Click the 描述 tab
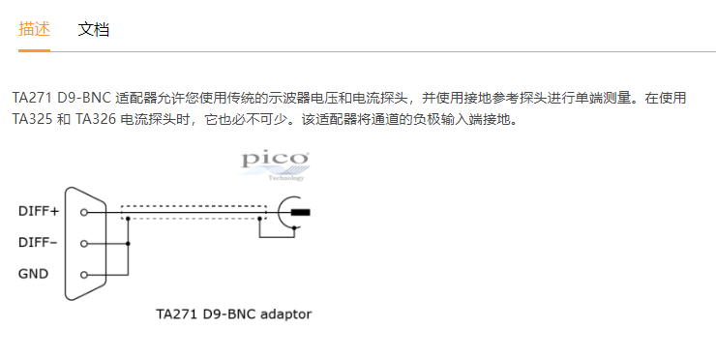pos(34,29)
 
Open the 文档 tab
pos(94,29)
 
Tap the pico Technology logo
pos(275,165)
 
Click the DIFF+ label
pos(39,211)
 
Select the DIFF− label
pos(38,242)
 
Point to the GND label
pos(33,274)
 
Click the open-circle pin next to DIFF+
pos(83,213)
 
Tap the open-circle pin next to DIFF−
pos(83,244)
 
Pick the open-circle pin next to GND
pos(83,275)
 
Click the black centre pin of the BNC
pos(301,213)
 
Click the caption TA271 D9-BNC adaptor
pos(234,315)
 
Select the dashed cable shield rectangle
pos(194,206)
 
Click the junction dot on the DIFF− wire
pos(128,244)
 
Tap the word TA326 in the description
pos(96,119)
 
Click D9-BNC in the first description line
pos(84,98)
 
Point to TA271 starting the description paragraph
pos(32,98)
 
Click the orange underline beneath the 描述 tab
pos(34,50)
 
